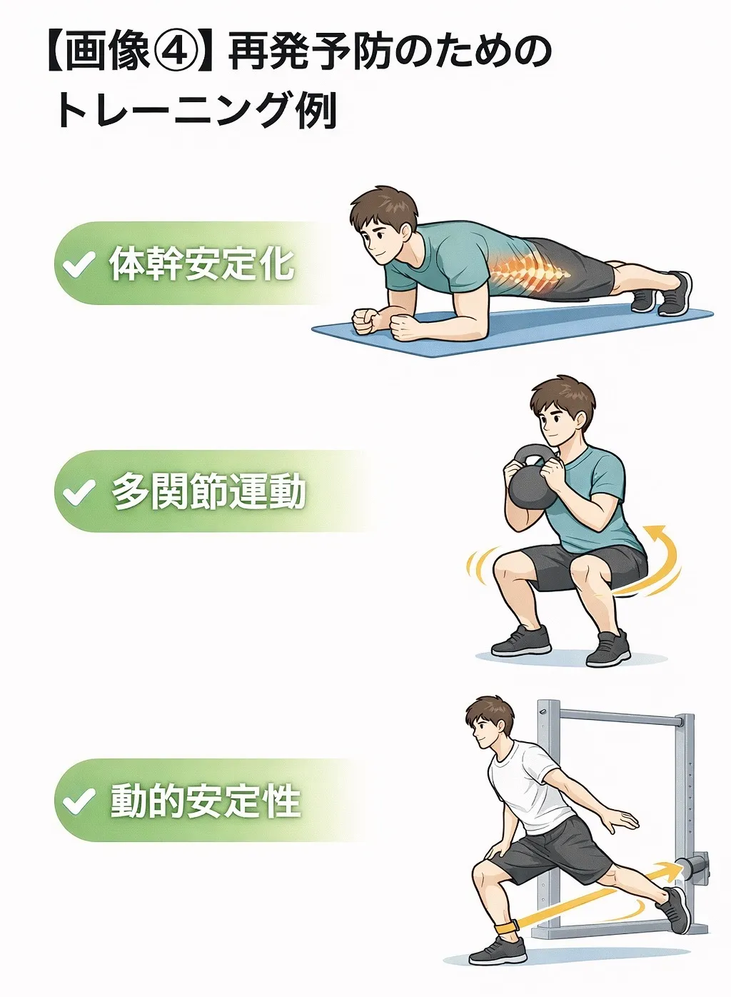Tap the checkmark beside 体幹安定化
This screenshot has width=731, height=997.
(79, 264)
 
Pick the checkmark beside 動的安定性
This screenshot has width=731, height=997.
(79, 800)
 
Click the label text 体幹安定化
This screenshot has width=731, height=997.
(201, 264)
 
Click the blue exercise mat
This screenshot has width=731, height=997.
(512, 330)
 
